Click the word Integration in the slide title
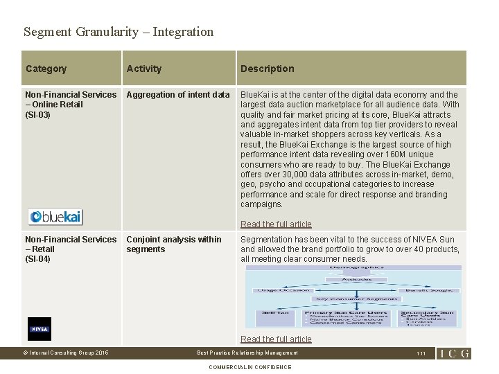(x=183, y=32)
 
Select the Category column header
(x=46, y=69)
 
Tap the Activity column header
(x=144, y=69)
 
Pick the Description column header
(x=267, y=69)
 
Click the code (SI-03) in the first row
(x=38, y=114)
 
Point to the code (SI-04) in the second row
(x=38, y=259)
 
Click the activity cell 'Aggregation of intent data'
(x=178, y=95)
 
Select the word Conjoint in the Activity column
(x=143, y=240)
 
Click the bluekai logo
(x=55, y=216)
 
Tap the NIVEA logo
(x=40, y=329)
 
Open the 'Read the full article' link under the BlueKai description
(x=276, y=224)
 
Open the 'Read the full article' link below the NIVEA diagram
(x=276, y=339)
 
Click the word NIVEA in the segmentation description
(x=423, y=240)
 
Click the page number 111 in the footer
(x=421, y=353)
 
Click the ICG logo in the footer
(x=453, y=353)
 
